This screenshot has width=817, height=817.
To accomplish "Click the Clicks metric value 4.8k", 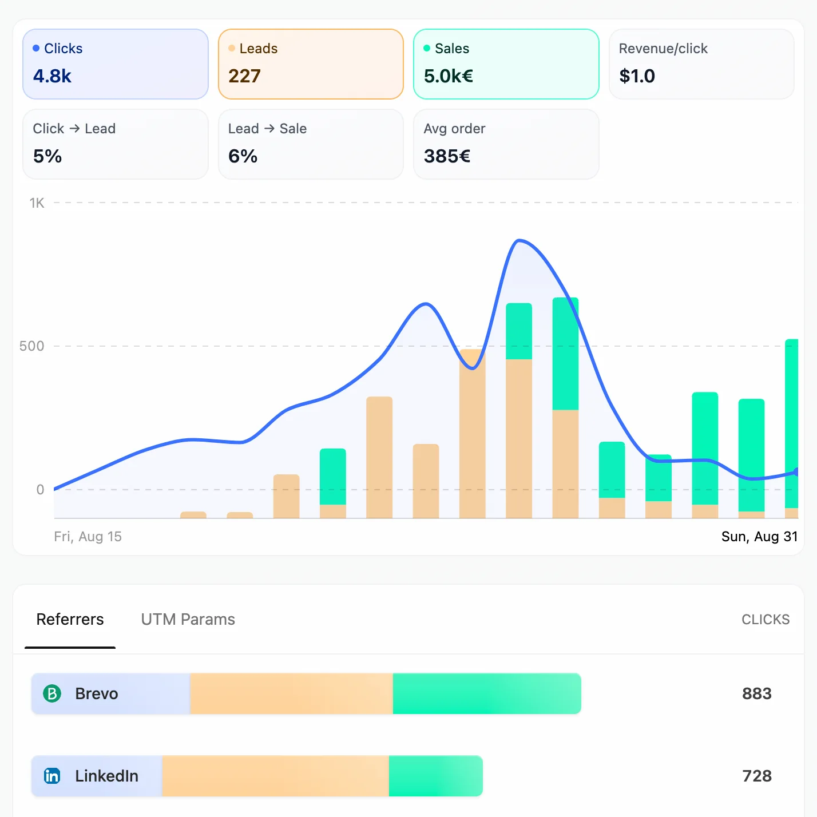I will (52, 76).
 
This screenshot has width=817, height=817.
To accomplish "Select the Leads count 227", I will (244, 76).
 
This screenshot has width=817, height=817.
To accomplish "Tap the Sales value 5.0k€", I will (448, 76).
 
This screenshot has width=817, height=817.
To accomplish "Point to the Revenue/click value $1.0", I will (637, 76).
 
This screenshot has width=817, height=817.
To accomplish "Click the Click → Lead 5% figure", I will (47, 156).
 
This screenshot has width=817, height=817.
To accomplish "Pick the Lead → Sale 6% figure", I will (243, 156).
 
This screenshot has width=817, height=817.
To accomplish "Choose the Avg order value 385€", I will (447, 156).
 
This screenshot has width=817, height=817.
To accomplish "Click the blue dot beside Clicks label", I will (36, 49).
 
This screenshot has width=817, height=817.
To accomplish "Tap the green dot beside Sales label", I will (427, 49).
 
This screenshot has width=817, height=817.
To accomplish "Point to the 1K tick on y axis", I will (37, 203).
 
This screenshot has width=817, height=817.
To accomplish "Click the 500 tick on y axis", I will (31, 346).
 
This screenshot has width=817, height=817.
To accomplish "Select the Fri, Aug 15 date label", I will (88, 537).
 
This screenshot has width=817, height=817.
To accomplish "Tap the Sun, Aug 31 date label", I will (759, 537).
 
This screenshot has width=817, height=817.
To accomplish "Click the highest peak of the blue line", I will (519, 240).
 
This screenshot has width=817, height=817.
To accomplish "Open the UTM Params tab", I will (188, 620).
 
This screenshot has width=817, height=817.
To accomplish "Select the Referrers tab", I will (70, 620).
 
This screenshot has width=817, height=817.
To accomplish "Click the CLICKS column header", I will (765, 620).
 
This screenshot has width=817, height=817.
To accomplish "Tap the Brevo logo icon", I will (52, 694).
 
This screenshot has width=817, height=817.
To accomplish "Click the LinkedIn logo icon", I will (52, 776).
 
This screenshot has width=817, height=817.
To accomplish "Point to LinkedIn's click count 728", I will (756, 776).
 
